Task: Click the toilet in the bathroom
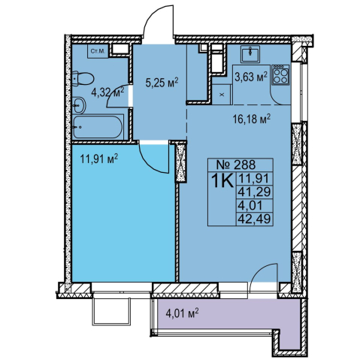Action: pos(83,79)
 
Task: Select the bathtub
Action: pos(98,126)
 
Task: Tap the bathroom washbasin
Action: pos(79,105)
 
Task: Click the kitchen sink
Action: pos(250,54)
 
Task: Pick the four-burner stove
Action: pos(281,75)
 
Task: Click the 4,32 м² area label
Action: pos(107,93)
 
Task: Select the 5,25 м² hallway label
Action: pos(162,82)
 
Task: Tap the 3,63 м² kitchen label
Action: pos(251,77)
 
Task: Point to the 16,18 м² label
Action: pos(252,119)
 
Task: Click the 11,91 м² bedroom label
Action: pos(99,159)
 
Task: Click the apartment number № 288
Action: pos(236,165)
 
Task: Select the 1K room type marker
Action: pos(222,180)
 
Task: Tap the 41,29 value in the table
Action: pos(254,192)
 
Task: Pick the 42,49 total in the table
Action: pos(254,219)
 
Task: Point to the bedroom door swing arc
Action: pos(150,164)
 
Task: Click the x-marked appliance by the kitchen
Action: pos(222,95)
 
